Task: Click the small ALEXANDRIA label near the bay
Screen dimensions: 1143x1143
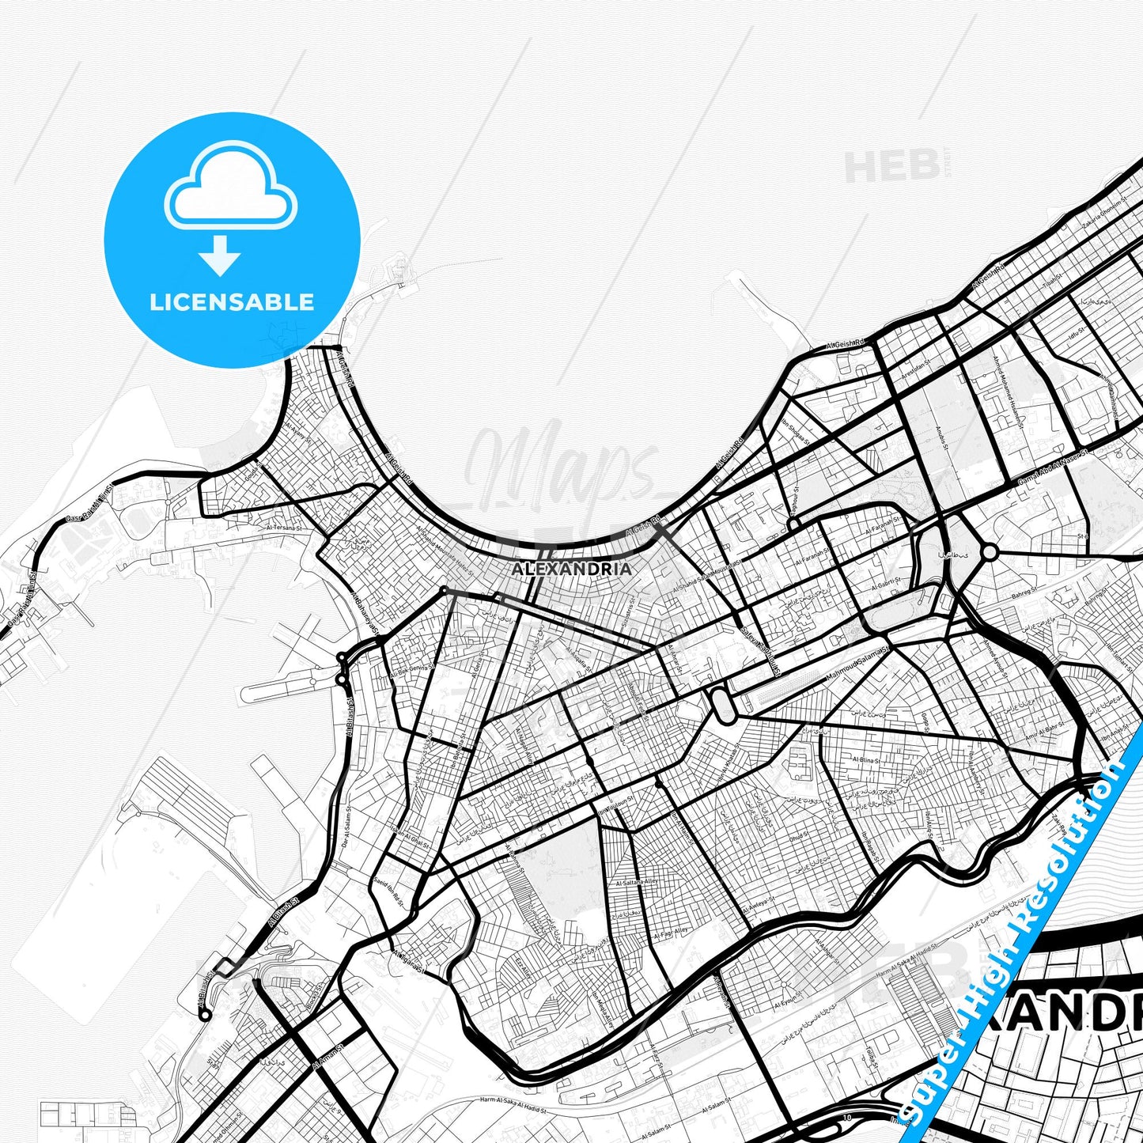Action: pyautogui.click(x=571, y=569)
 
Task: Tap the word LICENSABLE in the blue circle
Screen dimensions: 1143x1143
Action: pyautogui.click(x=232, y=302)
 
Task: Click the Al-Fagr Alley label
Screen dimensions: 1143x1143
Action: pyautogui.click(x=671, y=933)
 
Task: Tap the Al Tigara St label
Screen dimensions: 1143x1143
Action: pyautogui.click(x=408, y=961)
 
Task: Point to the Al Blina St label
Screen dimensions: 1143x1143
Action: pyautogui.click(x=866, y=759)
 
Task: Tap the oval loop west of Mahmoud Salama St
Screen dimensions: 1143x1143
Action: pyautogui.click(x=721, y=704)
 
